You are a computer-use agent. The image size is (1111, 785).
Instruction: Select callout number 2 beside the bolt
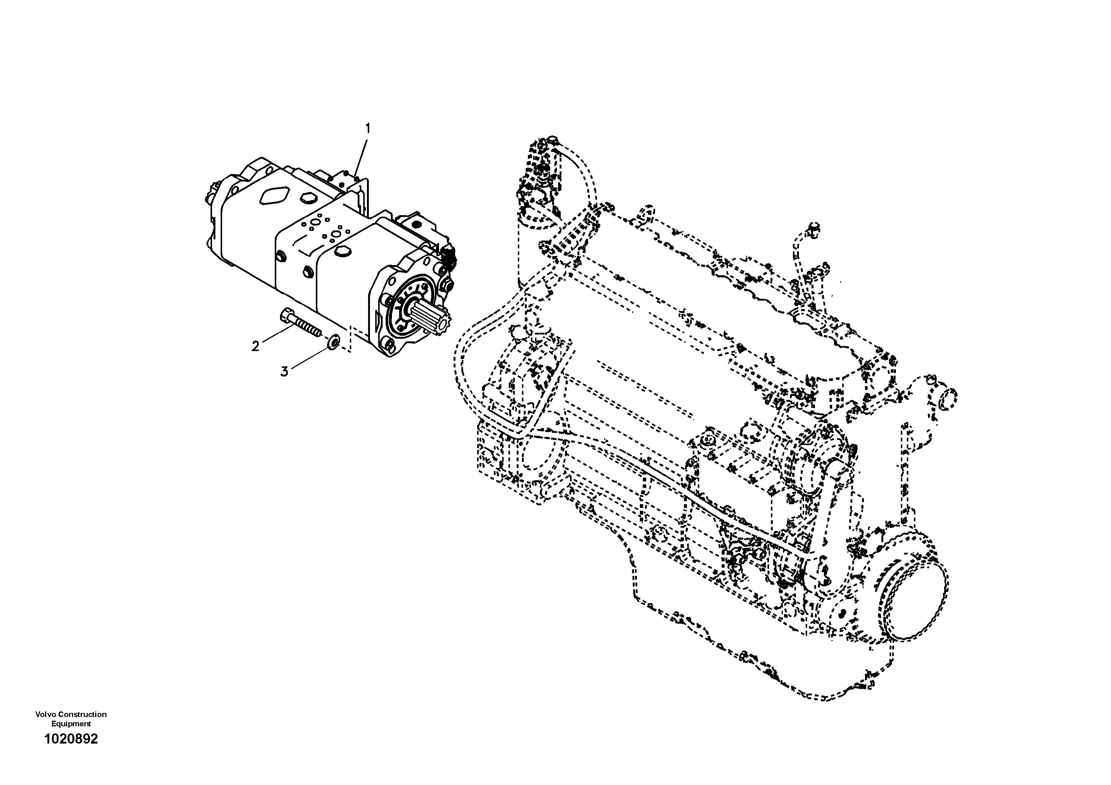[x=255, y=346]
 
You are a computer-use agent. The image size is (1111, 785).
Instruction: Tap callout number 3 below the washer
[x=284, y=372]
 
